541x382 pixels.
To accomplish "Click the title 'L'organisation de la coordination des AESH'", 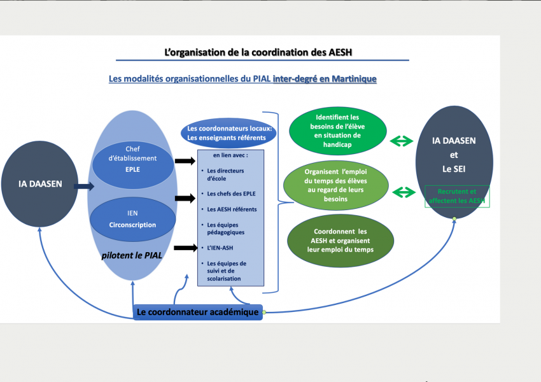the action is [258, 52].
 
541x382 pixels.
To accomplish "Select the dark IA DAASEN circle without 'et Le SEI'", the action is [39, 184].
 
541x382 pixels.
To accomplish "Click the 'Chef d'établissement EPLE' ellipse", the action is [133, 165].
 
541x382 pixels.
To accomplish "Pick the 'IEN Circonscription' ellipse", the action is [133, 220].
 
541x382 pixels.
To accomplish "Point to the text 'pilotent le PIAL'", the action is [132, 255].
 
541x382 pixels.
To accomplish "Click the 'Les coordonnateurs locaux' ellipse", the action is [228, 133].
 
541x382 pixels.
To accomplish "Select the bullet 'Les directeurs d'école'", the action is [225, 174].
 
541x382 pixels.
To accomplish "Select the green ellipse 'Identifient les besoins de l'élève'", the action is [338, 131].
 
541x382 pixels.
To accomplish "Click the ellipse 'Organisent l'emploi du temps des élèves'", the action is [336, 185].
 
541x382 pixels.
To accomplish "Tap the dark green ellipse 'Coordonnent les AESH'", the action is [341, 241].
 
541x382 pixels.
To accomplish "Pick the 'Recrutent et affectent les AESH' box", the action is [457, 196].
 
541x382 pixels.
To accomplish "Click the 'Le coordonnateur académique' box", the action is [198, 313].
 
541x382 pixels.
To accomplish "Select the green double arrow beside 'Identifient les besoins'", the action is [401, 141].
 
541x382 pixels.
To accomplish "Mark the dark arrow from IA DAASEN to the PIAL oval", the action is [84, 187].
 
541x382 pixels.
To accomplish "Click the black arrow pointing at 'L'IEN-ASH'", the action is [186, 248].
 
